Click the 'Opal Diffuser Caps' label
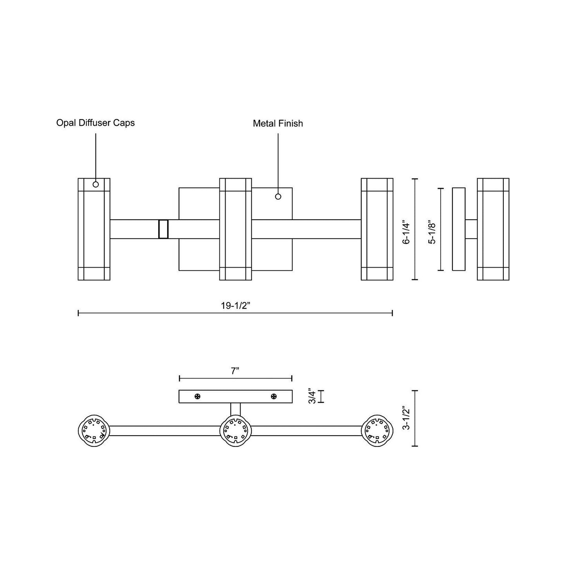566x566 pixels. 96,123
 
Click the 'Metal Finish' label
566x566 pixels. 278,124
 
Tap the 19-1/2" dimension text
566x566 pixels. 235,306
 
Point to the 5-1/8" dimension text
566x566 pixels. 432,233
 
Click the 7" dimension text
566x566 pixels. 235,371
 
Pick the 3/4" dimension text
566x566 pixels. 312,396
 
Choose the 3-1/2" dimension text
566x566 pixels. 407,418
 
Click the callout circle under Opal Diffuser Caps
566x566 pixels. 96,184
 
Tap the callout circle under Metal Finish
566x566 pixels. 278,197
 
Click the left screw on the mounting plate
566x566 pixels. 197,397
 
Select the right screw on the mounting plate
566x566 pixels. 274,397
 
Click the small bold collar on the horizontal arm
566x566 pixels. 163,229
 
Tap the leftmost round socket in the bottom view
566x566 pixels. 94,430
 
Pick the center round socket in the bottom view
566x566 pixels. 235,430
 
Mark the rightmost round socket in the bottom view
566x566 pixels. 377,430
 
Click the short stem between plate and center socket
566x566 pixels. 235,409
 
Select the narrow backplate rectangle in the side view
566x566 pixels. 459,229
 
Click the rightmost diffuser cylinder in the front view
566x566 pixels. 377,229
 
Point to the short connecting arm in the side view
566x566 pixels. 471,229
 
